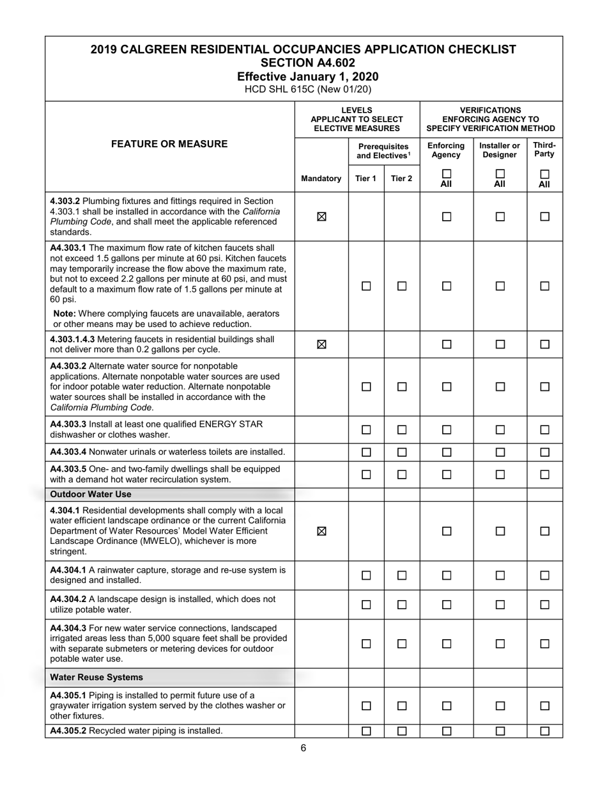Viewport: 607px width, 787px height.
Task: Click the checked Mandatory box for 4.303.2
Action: pos(321,216)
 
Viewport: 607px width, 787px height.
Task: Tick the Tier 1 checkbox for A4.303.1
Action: pos(366,286)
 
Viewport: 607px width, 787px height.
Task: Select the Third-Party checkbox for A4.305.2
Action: pos(544,731)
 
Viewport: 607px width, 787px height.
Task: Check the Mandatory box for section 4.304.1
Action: pos(321,531)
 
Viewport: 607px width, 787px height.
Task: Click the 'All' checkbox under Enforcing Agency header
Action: pos(446,174)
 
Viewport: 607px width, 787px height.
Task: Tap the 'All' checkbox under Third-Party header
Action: pos(544,174)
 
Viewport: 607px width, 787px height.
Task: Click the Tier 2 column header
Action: pos(401,179)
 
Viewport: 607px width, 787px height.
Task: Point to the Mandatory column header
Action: pos(321,179)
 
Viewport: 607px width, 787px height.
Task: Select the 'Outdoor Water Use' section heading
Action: pos(91,495)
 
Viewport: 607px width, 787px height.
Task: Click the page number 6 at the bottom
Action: pos(303,748)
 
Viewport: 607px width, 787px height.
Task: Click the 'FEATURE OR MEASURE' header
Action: pos(169,144)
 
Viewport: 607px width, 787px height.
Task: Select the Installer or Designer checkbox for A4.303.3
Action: pos(500,430)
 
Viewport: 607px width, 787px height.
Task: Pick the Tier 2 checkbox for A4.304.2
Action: pos(401,605)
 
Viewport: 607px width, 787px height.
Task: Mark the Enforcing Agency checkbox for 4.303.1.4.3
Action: pos(446,344)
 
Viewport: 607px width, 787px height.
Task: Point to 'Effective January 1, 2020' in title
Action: pos(303,76)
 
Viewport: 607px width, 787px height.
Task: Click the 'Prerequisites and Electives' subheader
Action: pos(383,151)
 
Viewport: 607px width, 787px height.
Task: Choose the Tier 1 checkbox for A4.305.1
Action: pos(366,706)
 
